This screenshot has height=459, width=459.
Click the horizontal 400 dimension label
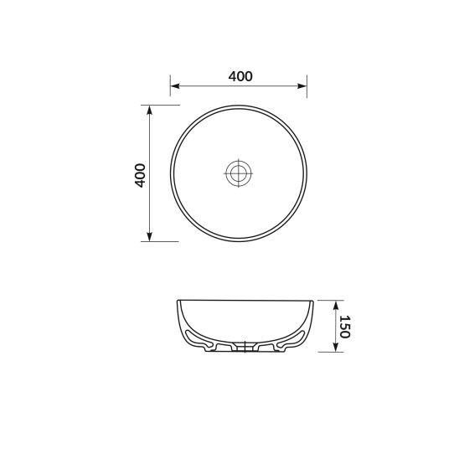(240, 76)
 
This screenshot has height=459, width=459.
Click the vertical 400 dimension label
(140, 175)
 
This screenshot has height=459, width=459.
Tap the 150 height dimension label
(344, 327)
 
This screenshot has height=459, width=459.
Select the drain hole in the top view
(238, 173)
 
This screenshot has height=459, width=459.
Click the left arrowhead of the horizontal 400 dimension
(175, 86)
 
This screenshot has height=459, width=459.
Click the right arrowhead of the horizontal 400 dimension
(302, 86)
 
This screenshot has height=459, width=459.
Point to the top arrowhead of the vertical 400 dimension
(150, 111)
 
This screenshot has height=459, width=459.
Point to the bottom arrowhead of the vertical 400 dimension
(150, 236)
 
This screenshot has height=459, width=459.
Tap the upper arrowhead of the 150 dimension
(336, 306)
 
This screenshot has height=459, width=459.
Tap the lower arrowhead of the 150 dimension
(336, 347)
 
